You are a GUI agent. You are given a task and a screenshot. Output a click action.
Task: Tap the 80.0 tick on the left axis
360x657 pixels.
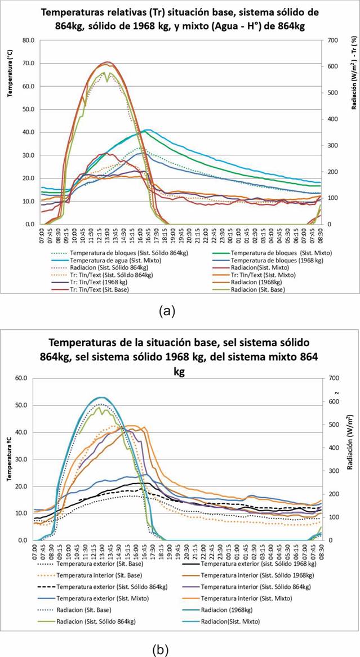[28, 41]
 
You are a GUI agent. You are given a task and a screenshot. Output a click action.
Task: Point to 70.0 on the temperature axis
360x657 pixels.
[28, 63]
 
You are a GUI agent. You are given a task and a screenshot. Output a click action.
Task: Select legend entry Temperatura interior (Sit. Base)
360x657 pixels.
[102, 575]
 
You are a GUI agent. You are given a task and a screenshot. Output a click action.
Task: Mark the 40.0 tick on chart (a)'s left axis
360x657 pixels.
[28, 132]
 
